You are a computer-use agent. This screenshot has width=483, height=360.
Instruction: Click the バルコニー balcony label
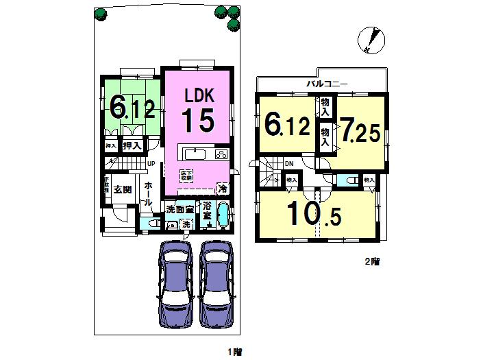tap(327, 84)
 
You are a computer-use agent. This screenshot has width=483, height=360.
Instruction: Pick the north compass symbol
tap(371, 40)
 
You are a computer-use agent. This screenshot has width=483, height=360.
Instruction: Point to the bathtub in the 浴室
tap(223, 214)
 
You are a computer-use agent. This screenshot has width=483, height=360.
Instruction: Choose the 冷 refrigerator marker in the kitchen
tap(222, 187)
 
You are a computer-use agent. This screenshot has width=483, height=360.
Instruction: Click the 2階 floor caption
tap(372, 261)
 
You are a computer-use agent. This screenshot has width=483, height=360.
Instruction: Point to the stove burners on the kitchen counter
tap(222, 154)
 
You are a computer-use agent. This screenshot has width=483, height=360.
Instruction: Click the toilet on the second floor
tap(347, 180)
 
